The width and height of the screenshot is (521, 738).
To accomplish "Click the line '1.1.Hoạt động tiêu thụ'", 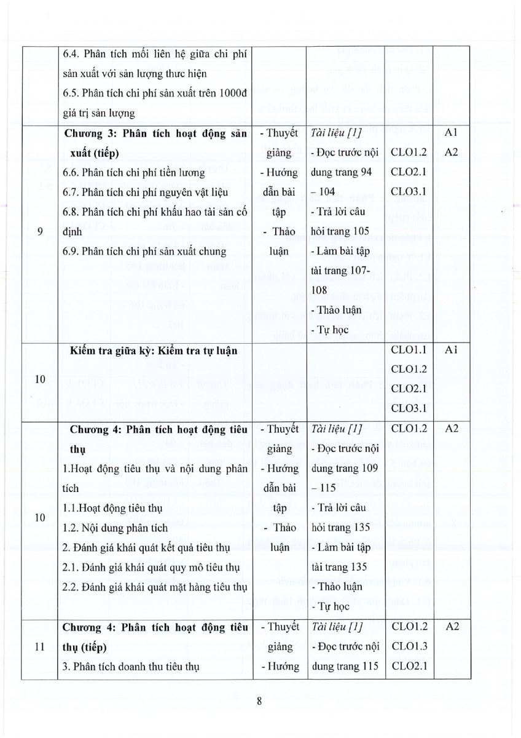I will [112, 509].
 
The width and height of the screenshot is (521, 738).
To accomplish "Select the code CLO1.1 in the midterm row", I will [409, 350].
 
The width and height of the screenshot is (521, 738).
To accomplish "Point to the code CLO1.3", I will [409, 646].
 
